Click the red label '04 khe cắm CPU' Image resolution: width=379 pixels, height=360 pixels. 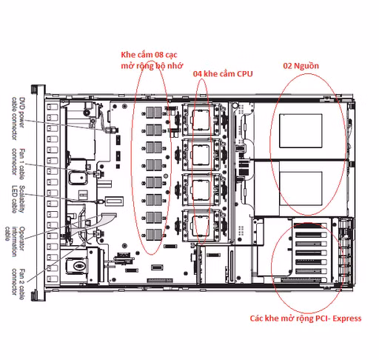223,76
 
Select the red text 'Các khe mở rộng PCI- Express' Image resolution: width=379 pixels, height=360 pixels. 306,319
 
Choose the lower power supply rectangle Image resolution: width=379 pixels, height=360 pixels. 300,187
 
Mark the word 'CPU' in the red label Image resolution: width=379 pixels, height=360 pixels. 244,76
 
